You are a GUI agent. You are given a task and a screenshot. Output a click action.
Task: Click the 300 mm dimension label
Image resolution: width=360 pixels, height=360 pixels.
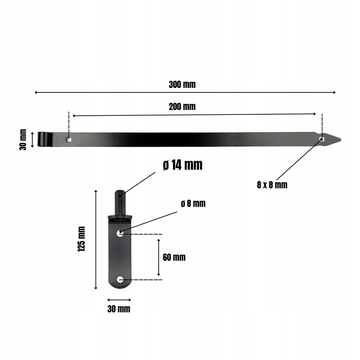click(x=182, y=84)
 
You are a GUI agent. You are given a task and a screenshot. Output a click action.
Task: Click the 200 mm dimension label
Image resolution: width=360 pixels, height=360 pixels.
click(x=182, y=107)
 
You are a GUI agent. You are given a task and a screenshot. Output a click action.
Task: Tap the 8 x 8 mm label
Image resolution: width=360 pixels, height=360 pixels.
click(x=272, y=185)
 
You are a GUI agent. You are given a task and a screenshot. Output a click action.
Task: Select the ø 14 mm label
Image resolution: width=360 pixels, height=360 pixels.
click(x=183, y=165)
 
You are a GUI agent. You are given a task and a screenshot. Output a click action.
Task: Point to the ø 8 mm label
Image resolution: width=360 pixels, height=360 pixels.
click(x=193, y=204)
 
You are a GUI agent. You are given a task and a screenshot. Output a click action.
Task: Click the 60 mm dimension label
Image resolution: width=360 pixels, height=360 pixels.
click(x=174, y=257)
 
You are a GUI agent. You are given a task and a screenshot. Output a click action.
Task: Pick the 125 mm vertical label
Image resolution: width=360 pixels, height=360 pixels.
click(x=82, y=239)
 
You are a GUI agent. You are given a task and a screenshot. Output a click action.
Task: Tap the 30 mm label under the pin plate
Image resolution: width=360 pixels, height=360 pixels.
click(x=119, y=309)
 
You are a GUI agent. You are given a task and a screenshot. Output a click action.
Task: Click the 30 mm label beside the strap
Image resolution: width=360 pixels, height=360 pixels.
click(x=23, y=140)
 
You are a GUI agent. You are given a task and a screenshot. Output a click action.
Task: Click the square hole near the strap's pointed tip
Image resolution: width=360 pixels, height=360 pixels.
click(x=322, y=139)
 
